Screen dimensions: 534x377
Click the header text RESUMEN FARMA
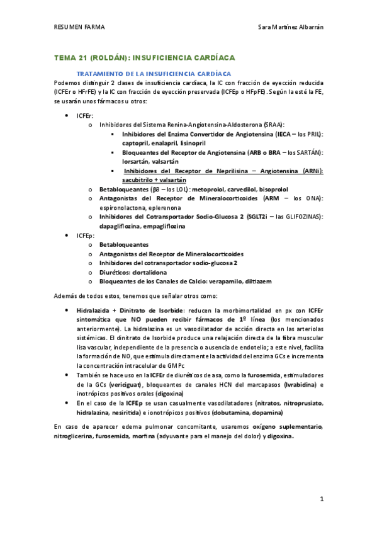click(x=79, y=27)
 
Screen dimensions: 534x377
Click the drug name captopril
click(x=137, y=143)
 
